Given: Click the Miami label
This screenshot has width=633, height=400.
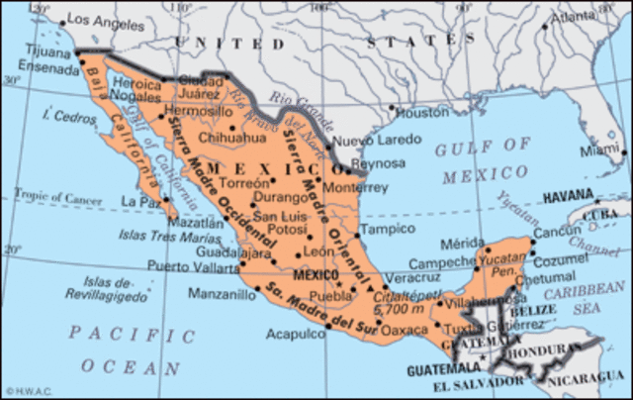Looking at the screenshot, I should pos(602,150).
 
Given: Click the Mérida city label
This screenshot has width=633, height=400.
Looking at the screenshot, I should pos(462,242).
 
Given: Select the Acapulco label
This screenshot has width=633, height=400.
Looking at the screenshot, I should pos(296,334).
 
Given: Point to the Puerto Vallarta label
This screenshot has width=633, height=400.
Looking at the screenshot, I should pos(193,265).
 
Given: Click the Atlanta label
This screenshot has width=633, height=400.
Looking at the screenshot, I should pos(575,17).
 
